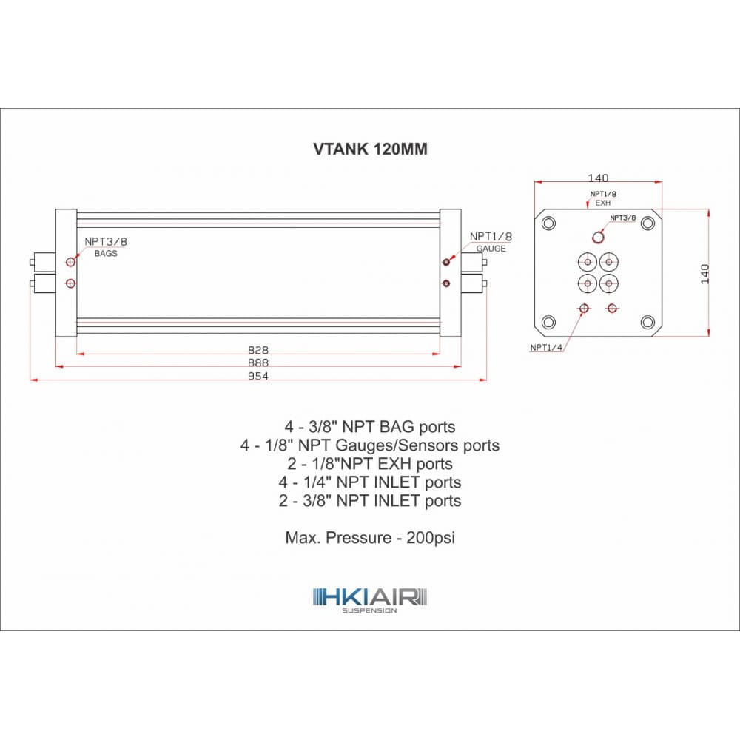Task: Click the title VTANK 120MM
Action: (371, 149)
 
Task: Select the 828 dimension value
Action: (258, 350)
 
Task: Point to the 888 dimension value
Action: (258, 363)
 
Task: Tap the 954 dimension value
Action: (258, 376)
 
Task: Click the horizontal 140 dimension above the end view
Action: (598, 178)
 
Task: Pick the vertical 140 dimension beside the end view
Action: (705, 274)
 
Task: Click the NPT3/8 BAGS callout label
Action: (106, 247)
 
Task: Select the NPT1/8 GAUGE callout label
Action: (491, 242)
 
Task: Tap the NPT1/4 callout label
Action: (546, 348)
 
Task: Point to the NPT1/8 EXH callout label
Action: (603, 198)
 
